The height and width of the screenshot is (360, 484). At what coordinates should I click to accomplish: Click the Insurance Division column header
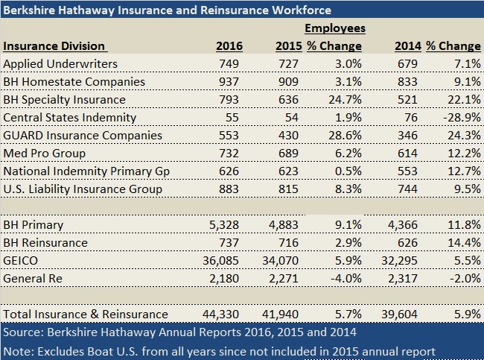[54, 45]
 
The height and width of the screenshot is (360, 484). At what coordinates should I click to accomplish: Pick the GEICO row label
[22, 260]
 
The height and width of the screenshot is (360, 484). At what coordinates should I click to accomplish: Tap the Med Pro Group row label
[45, 153]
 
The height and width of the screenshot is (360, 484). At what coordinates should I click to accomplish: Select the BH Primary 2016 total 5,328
[226, 224]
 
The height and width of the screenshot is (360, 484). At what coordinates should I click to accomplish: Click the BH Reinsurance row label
[45, 242]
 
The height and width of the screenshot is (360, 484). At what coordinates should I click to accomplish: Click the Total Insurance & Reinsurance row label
[86, 314]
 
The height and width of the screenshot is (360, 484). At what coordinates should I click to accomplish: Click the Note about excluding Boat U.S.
[218, 350]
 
